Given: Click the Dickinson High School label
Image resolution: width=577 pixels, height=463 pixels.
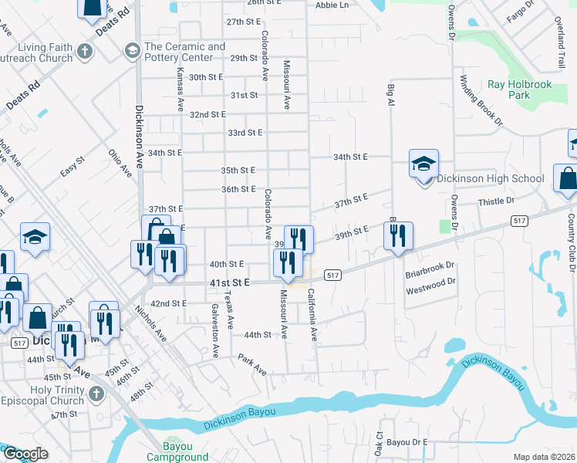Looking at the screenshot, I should pyautogui.click(x=491, y=179).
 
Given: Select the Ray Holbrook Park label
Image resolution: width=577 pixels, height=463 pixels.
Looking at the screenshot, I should pyautogui.click(x=519, y=90).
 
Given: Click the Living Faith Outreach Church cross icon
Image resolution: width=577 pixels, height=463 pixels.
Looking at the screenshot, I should pyautogui.click(x=86, y=52).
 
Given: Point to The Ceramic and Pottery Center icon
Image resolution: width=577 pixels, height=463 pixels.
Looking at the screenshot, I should pyautogui.click(x=131, y=52).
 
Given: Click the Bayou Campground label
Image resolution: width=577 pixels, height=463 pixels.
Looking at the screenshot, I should pyautogui.click(x=174, y=451).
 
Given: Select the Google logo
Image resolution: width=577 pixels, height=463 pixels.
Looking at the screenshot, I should pyautogui.click(x=25, y=453).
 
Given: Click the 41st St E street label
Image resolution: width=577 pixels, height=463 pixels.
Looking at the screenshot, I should pyautogui.click(x=230, y=283).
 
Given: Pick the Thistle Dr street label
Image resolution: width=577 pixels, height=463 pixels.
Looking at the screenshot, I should pyautogui.click(x=496, y=201).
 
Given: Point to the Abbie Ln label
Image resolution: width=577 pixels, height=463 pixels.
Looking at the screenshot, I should pyautogui.click(x=332, y=5).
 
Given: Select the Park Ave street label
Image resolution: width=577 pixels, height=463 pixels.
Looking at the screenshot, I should pyautogui.click(x=252, y=365).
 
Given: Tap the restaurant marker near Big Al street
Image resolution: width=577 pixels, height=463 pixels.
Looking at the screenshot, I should pyautogui.click(x=398, y=238).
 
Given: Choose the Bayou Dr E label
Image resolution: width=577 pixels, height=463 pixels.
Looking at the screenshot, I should pyautogui.click(x=407, y=442).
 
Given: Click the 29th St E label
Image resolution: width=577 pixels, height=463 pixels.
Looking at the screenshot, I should pyautogui.click(x=243, y=58).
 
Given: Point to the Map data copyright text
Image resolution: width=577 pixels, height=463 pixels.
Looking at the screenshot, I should pyautogui.click(x=545, y=457).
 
